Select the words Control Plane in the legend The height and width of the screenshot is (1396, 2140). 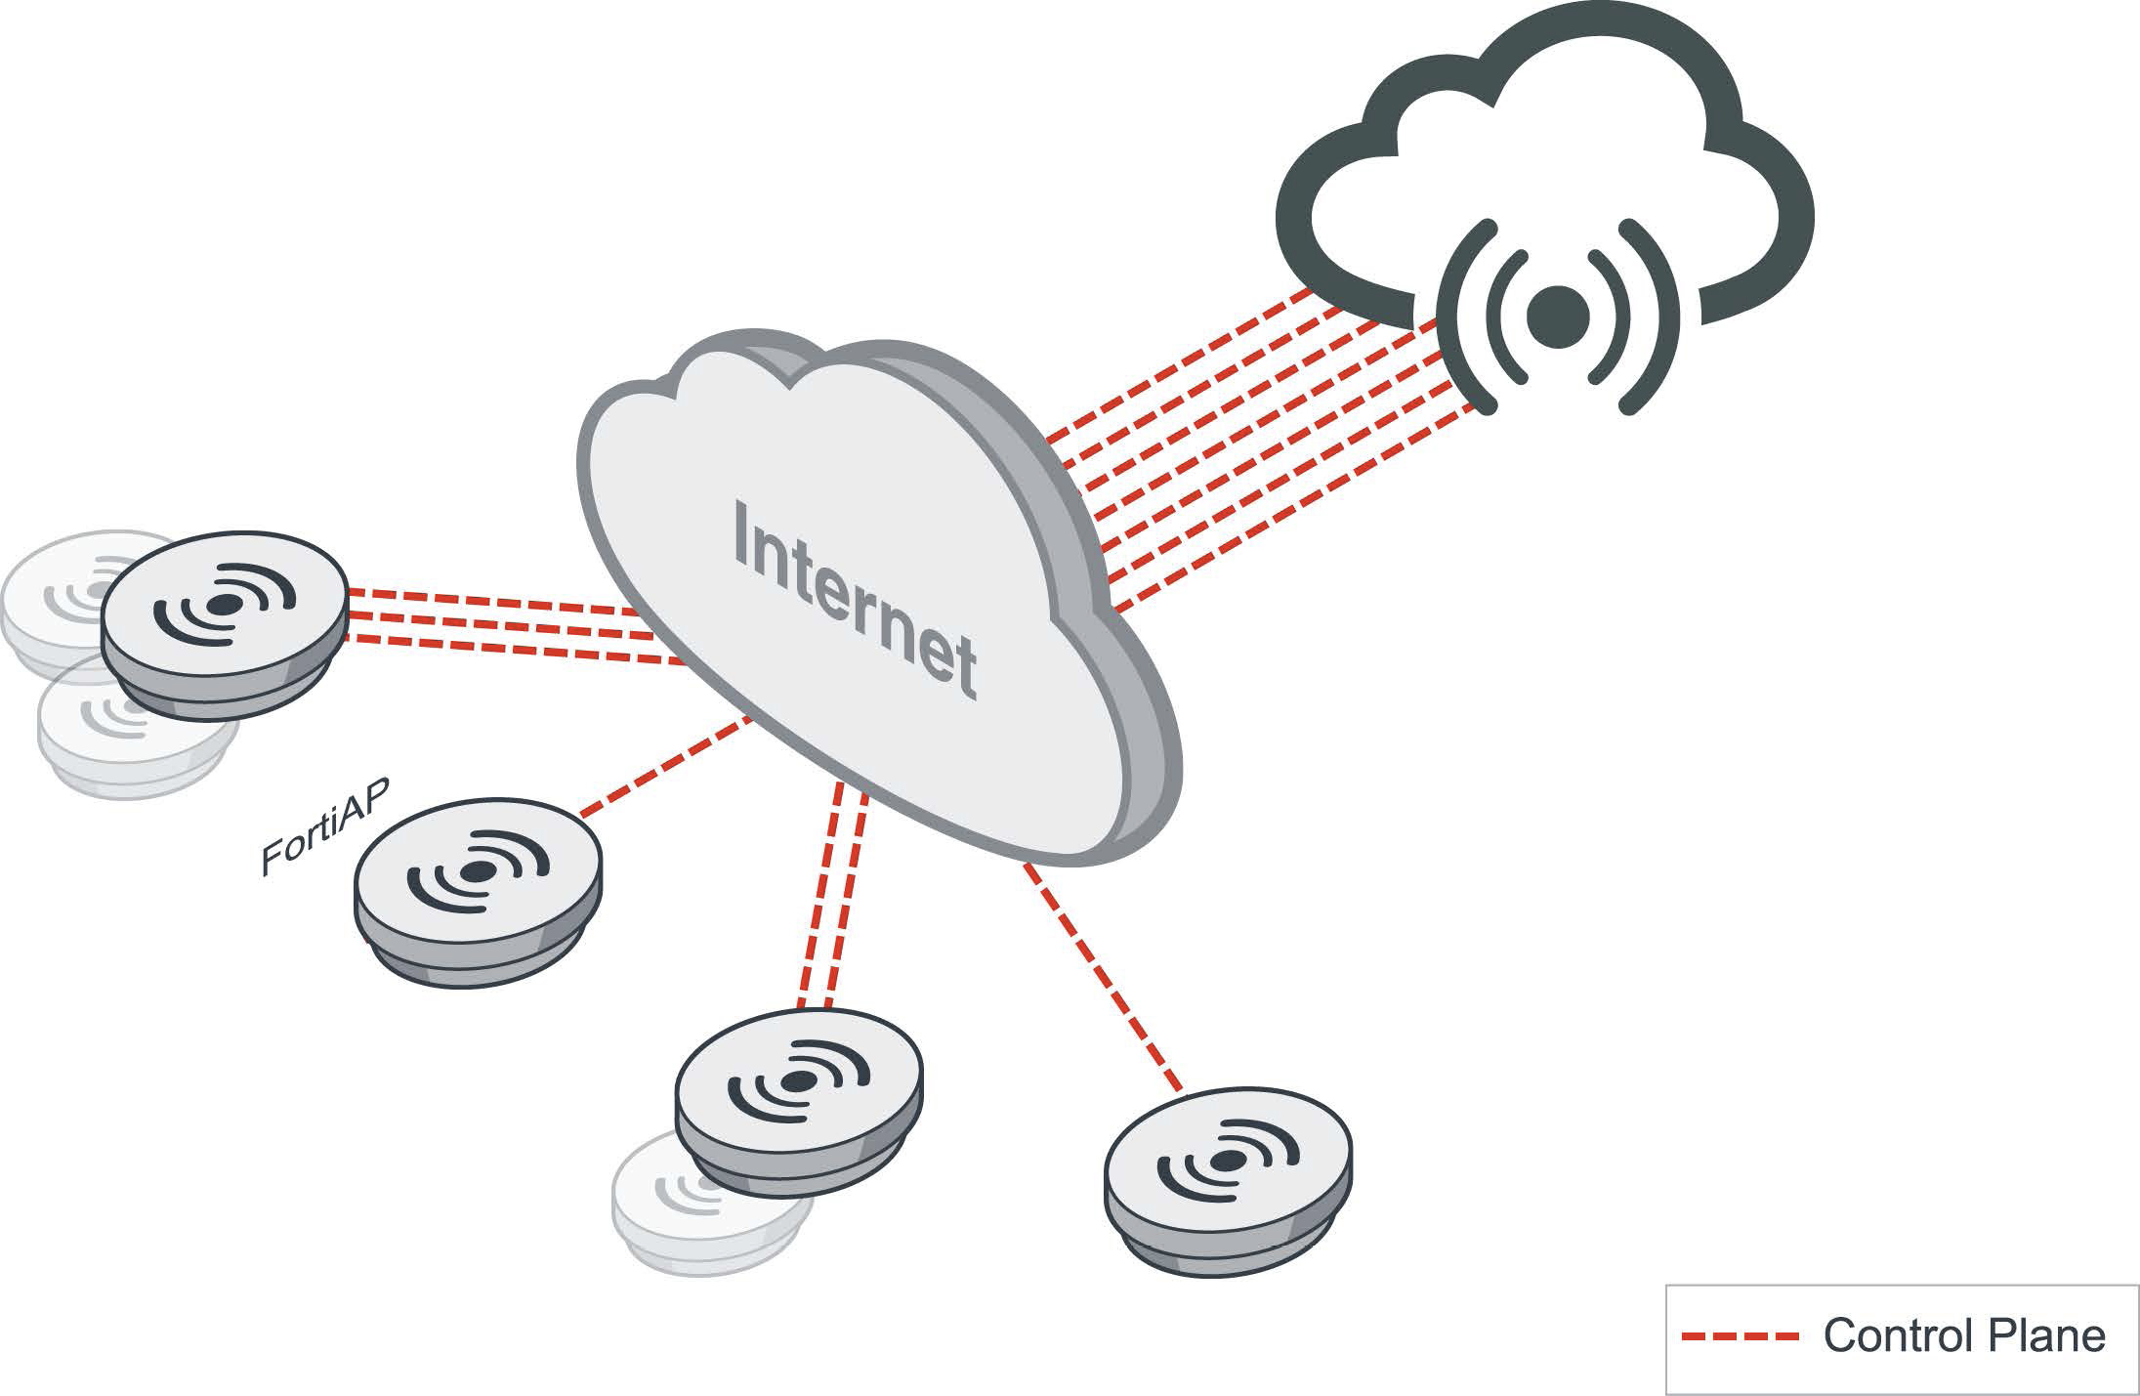tap(1964, 1336)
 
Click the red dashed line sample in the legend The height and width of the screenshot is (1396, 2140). tap(1740, 1336)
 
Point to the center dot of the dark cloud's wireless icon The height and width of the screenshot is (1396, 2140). tap(1558, 316)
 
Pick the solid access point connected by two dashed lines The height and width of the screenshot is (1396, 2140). tap(799, 1100)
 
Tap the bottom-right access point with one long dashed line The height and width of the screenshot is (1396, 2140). tap(1228, 1183)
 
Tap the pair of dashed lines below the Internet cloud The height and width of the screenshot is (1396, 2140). tap(832, 899)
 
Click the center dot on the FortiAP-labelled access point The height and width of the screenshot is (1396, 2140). tap(476, 871)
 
